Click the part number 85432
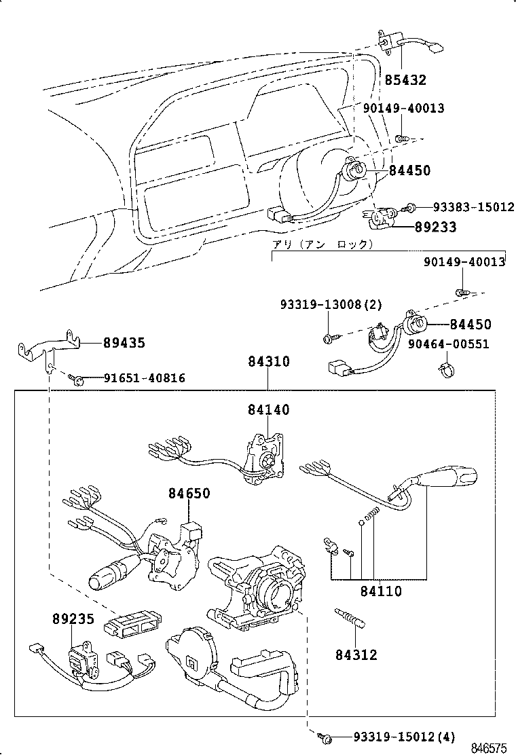[x=405, y=80]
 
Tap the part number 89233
[x=435, y=227]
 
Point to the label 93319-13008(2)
[x=330, y=306]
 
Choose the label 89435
[x=124, y=343]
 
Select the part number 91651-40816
[x=144, y=378]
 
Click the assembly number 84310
[x=268, y=362]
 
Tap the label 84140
[x=268, y=409]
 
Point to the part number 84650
[x=189, y=494]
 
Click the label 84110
[x=381, y=592]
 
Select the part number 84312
[x=356, y=655]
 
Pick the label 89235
[x=73, y=619]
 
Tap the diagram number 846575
[x=490, y=748]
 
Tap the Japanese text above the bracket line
[x=322, y=243]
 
